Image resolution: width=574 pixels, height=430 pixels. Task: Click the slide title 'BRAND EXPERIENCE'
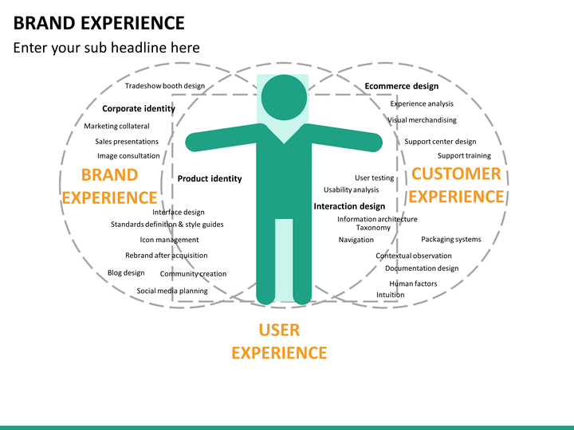pyautogui.click(x=99, y=22)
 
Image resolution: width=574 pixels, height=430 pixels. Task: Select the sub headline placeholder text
pyautogui.click(x=106, y=48)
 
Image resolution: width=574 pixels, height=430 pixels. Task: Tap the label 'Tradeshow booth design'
pyautogui.click(x=165, y=86)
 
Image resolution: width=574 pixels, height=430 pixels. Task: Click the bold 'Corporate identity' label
pyautogui.click(x=138, y=107)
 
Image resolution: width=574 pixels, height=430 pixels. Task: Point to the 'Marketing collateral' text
pyautogui.click(x=116, y=126)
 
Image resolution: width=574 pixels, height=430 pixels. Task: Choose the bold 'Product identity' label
pyautogui.click(x=209, y=178)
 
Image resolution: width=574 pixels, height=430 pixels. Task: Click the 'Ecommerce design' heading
pyautogui.click(x=402, y=86)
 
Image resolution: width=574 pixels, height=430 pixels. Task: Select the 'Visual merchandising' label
pyautogui.click(x=423, y=120)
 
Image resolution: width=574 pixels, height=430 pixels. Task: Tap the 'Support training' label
pyautogui.click(x=464, y=155)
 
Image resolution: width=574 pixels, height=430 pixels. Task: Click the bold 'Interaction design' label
pyautogui.click(x=349, y=206)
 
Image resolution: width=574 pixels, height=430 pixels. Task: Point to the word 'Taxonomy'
pyautogui.click(x=373, y=228)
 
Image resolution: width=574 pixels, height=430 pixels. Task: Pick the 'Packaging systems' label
pyautogui.click(x=451, y=239)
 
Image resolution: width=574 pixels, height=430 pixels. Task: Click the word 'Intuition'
pyautogui.click(x=391, y=295)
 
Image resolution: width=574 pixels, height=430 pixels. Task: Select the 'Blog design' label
pyautogui.click(x=126, y=272)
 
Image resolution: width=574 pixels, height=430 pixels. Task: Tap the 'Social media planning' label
pyautogui.click(x=172, y=291)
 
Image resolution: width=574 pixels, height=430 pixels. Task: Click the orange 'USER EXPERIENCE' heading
pyautogui.click(x=279, y=341)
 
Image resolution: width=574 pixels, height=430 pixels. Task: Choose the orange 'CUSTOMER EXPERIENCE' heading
pyautogui.click(x=456, y=185)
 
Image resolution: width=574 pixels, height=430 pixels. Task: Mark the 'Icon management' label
pyautogui.click(x=169, y=240)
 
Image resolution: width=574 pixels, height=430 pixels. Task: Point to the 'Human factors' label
pyautogui.click(x=413, y=283)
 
